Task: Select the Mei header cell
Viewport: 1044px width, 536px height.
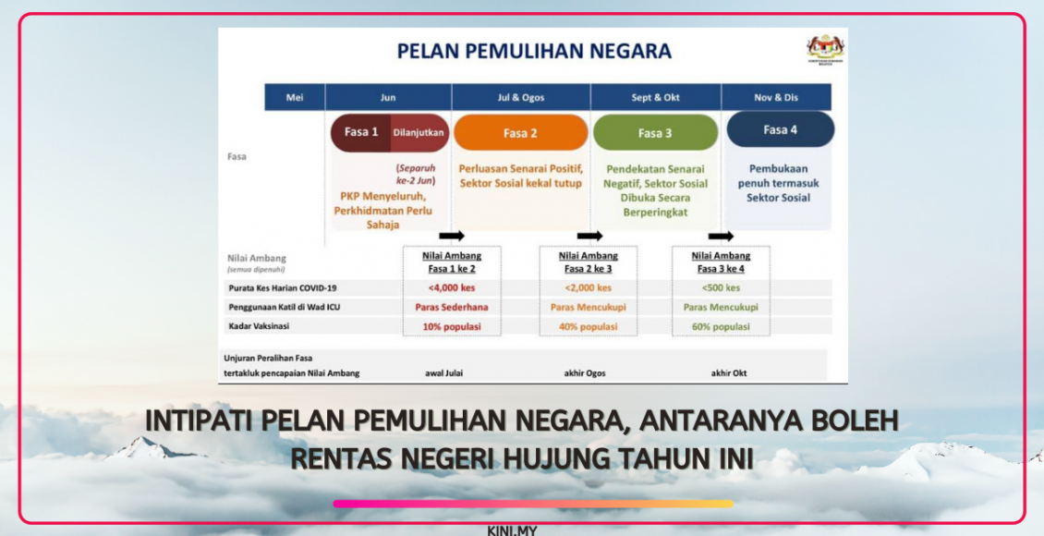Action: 295,97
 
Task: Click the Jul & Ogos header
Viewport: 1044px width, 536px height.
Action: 520,97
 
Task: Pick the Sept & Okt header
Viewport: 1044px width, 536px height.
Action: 655,97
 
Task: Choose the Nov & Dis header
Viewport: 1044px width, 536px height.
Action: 775,97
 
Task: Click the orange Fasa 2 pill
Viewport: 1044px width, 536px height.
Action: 520,133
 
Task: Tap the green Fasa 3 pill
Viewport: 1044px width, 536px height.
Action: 655,133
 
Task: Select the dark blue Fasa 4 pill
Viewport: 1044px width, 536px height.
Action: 780,130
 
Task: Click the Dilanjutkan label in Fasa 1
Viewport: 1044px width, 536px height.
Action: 419,132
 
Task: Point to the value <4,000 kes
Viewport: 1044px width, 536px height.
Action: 452,287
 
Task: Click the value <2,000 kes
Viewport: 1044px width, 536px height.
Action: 586,287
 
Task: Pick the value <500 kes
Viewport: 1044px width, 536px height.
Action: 721,287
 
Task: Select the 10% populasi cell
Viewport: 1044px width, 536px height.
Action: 452,326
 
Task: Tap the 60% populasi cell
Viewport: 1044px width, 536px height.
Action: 721,326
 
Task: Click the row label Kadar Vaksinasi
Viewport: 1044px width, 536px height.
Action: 261,326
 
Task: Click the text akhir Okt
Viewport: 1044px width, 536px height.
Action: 729,373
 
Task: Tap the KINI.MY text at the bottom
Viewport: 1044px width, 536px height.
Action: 512,530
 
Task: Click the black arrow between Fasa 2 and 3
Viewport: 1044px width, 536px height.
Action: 589,237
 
